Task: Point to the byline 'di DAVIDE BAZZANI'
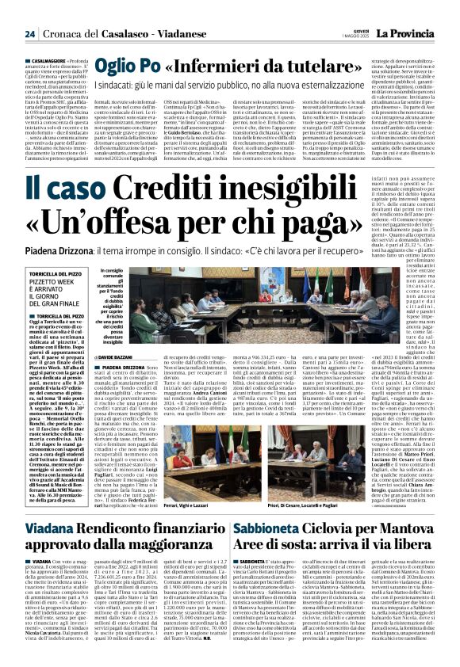tap(122, 360)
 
